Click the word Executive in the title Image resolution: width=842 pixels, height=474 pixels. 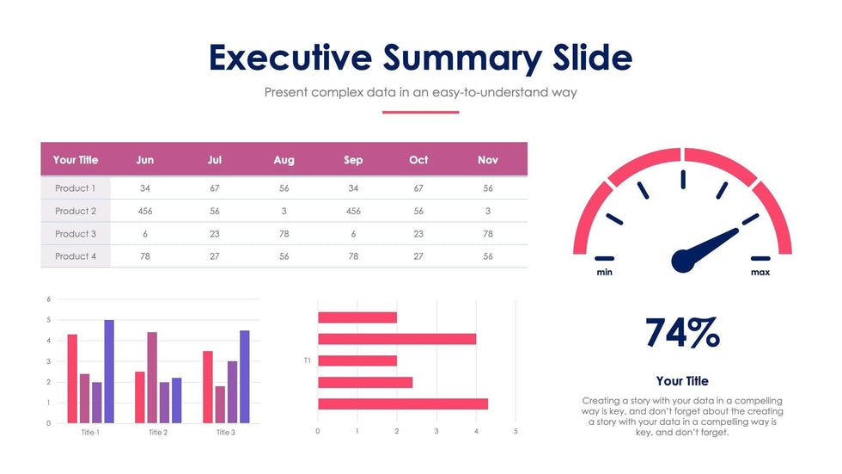pyautogui.click(x=290, y=58)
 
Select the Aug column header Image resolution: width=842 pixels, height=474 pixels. pyautogui.click(x=284, y=160)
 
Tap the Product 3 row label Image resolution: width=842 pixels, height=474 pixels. pyautogui.click(x=76, y=234)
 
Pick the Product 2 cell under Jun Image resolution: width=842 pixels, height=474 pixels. pyautogui.click(x=145, y=211)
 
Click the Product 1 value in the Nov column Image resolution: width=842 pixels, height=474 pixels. pyautogui.click(x=487, y=188)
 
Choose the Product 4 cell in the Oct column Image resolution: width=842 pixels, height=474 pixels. pyautogui.click(x=418, y=256)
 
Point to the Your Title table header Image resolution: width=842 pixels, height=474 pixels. pyautogui.click(x=76, y=160)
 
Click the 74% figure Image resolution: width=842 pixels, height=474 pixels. pyautogui.click(x=682, y=333)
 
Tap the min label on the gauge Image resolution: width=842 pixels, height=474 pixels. pyautogui.click(x=605, y=273)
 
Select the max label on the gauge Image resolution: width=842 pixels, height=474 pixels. pyautogui.click(x=760, y=273)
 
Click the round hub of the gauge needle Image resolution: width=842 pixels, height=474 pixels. pyautogui.click(x=683, y=260)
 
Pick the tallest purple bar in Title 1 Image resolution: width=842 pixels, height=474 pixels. pyautogui.click(x=109, y=371)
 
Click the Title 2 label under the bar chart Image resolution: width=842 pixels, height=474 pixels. pyautogui.click(x=158, y=433)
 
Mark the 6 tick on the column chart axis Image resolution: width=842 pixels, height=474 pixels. pyautogui.click(x=49, y=299)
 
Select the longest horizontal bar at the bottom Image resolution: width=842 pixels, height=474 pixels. pyautogui.click(x=403, y=403)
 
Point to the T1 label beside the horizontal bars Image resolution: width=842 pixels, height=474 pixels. pyautogui.click(x=307, y=360)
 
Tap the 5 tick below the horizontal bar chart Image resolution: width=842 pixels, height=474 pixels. pyautogui.click(x=516, y=431)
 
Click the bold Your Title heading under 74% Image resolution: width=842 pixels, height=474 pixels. pyautogui.click(x=682, y=381)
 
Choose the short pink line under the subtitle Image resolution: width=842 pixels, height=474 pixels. pyautogui.click(x=420, y=112)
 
